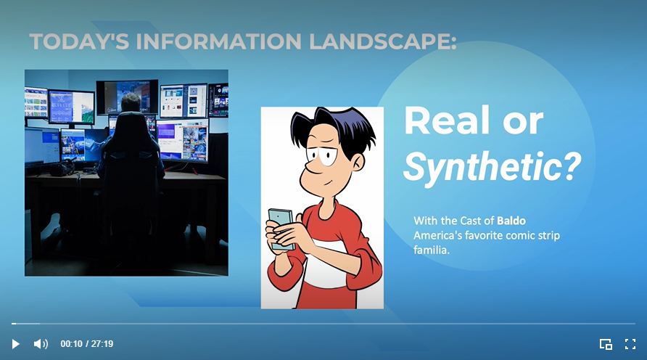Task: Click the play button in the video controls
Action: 16,344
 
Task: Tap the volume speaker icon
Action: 41,344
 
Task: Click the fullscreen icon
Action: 630,344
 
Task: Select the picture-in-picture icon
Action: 606,344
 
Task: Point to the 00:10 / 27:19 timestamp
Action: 86,344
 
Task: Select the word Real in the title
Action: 443,121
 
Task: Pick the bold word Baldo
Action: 511,220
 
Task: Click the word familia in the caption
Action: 432,250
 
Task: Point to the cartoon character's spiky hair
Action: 334,127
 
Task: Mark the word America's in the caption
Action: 440,235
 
